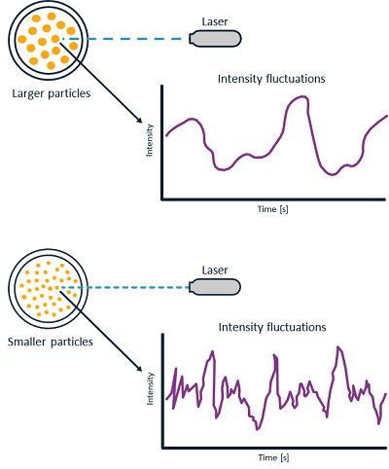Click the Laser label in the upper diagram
coord(215,21)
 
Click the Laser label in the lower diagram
coord(215,271)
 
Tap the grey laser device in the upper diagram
coord(215,39)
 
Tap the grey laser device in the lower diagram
coord(215,287)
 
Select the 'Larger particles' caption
coord(52,93)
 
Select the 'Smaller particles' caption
coord(51,342)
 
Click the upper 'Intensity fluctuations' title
coord(271,79)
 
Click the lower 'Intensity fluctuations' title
coord(272,327)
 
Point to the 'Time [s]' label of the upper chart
coord(273,209)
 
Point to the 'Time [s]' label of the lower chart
coord(273,457)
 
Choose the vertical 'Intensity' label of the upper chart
coord(149,140)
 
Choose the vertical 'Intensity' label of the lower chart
coord(150,388)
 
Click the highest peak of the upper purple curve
coord(302,96)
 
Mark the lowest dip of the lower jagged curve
coord(258,429)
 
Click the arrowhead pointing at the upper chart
coord(139,120)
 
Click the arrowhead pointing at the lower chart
coord(139,369)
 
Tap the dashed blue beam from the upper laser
coord(125,39)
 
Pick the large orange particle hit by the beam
coord(55,39)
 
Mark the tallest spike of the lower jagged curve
coord(338,347)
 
